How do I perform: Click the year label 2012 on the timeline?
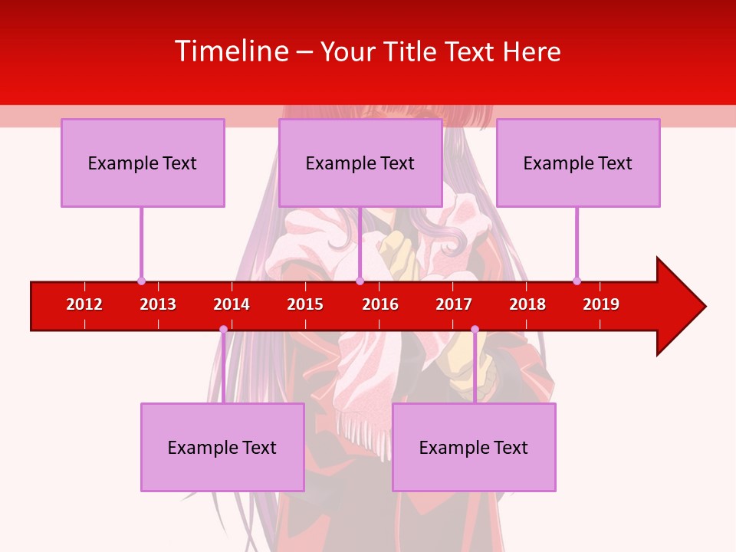pos(84,304)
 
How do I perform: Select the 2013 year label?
pos(158,304)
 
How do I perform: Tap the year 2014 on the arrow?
pos(232,304)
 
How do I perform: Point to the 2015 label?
pos(305,304)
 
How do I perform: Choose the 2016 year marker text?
pos(380,304)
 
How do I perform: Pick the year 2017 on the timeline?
pos(454,304)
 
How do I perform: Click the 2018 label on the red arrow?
pos(527,304)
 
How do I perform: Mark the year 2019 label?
pos(601,304)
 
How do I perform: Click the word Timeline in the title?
pos(232,51)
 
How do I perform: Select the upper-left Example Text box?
pos(143,163)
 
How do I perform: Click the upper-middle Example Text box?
pos(360,163)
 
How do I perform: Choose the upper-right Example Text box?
pos(578,163)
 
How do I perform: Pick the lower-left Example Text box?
pos(222,447)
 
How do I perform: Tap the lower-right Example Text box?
pos(474,447)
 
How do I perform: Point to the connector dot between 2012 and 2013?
pos(141,281)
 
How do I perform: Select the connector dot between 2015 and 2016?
pos(360,281)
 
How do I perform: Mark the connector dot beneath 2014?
pos(223,329)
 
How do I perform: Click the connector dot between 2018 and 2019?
pos(577,281)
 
